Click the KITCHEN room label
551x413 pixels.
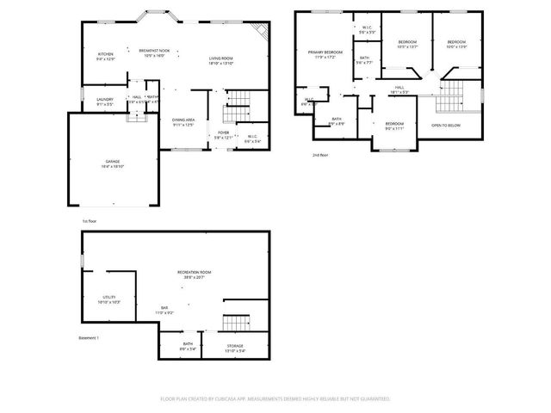tap(105, 55)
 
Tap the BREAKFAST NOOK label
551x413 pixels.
tap(154, 52)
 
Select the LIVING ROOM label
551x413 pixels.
tap(221, 59)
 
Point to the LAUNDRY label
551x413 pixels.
tap(105, 100)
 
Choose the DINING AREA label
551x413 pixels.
tap(183, 120)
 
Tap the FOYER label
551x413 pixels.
tap(222, 133)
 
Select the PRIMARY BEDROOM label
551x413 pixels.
tap(325, 52)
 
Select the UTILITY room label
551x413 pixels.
tap(108, 297)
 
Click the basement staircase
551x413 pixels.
tap(235, 324)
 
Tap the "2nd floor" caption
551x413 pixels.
tap(321, 156)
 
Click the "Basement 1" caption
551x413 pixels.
tap(89, 337)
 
